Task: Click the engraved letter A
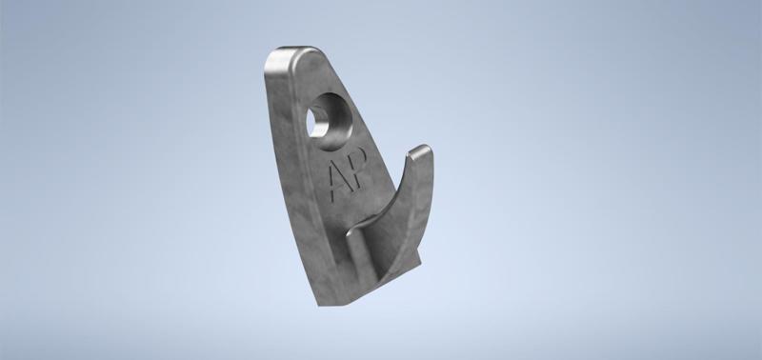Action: [338, 180]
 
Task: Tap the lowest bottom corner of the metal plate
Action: [319, 305]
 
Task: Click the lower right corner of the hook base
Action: [419, 265]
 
